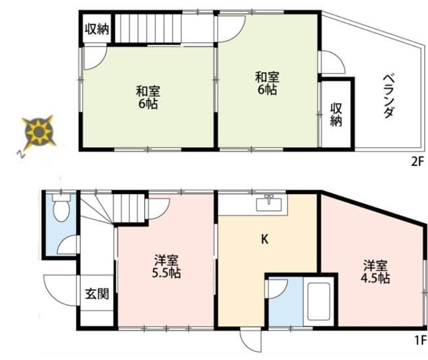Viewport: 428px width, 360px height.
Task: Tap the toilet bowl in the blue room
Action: click(x=62, y=208)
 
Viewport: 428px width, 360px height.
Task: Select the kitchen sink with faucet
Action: click(x=269, y=204)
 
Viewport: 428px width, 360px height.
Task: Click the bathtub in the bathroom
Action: click(x=319, y=301)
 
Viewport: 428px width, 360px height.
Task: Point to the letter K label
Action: click(x=264, y=239)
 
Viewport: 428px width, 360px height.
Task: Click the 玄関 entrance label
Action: click(x=97, y=294)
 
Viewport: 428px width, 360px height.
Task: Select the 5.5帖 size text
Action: click(x=166, y=273)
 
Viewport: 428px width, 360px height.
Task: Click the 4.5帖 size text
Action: click(x=376, y=278)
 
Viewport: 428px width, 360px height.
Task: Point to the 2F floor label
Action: click(x=418, y=162)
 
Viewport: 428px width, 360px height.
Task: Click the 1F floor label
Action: click(x=420, y=340)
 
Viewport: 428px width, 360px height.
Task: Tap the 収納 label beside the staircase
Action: click(x=97, y=29)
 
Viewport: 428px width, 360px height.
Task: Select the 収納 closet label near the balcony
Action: click(x=336, y=115)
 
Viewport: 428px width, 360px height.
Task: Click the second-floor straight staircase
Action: click(x=147, y=28)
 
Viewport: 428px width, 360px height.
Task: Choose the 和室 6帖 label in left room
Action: click(x=148, y=98)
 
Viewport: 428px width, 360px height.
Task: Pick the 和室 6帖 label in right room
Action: click(x=267, y=83)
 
